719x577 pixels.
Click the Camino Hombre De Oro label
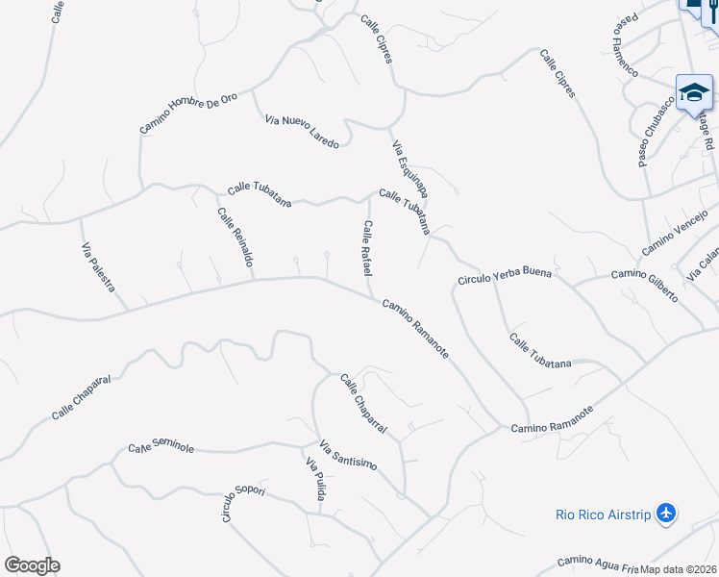pos(188,113)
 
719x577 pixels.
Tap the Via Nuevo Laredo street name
pos(302,131)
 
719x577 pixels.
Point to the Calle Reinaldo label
pos(236,238)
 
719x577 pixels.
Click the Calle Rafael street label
pos(366,248)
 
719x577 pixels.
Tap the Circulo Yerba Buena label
pos(505,276)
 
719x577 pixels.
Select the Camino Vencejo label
pos(674,234)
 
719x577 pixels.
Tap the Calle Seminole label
pos(161,448)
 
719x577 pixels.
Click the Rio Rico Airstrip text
pos(603,514)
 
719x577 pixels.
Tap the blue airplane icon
pos(666,514)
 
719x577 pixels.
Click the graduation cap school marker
pos(694,92)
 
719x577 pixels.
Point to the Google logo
pos(32,565)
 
